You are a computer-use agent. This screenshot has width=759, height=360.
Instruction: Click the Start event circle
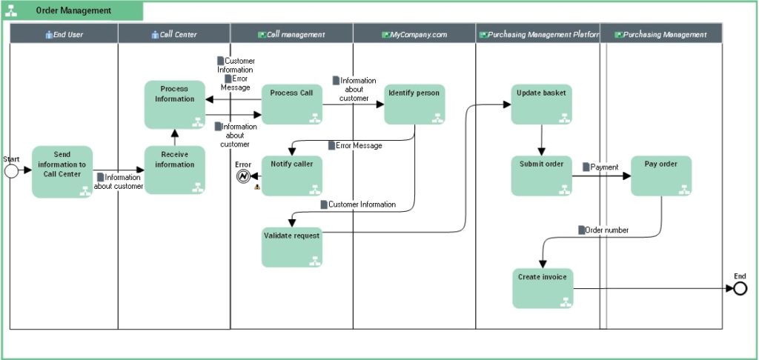click(12, 170)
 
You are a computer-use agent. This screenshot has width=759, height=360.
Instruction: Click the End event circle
click(739, 288)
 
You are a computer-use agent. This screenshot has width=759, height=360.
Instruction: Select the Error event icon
click(245, 176)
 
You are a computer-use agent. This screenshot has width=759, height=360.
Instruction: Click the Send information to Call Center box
click(62, 172)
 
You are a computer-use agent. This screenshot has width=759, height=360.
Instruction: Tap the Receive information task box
click(174, 170)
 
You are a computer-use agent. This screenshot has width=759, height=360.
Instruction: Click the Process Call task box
click(291, 104)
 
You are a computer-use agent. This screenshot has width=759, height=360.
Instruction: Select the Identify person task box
click(414, 104)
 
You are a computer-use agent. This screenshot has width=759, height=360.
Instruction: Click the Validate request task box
click(291, 247)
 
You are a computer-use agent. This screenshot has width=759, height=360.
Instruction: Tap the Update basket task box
click(541, 104)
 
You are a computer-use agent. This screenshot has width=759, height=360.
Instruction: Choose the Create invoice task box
click(543, 288)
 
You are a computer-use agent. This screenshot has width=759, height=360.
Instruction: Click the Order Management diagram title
click(74, 11)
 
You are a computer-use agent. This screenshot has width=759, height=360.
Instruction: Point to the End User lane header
click(64, 34)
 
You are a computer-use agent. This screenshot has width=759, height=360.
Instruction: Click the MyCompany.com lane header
click(414, 34)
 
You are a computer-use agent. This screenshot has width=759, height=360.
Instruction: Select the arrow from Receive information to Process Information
click(175, 137)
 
